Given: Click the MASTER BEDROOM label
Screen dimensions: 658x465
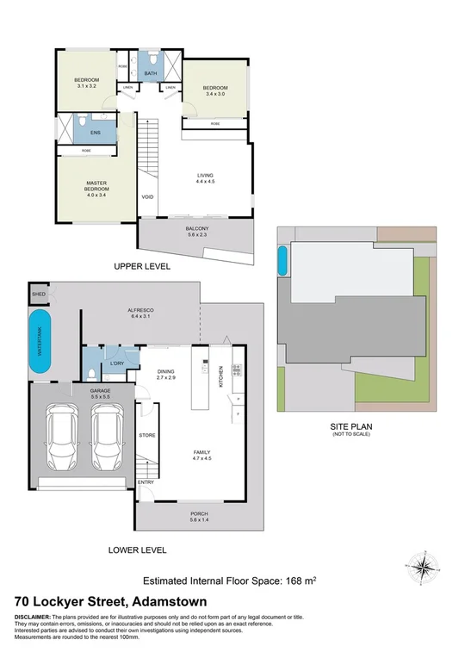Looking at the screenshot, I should pyautogui.click(x=96, y=189).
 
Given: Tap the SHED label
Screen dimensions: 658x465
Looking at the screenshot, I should pyautogui.click(x=38, y=295).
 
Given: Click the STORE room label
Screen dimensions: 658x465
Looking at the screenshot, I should pyautogui.click(x=147, y=436).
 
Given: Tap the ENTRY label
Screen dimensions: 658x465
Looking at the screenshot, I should pyautogui.click(x=145, y=481).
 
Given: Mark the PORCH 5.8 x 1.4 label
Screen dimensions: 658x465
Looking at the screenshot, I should pyautogui.click(x=199, y=517).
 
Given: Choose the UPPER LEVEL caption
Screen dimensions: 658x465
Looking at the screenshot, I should pyautogui.click(x=142, y=267).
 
